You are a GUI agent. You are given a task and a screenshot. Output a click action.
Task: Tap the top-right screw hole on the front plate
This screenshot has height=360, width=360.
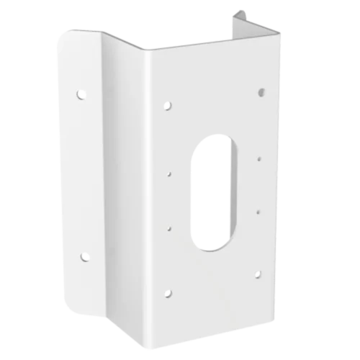(261, 91)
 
